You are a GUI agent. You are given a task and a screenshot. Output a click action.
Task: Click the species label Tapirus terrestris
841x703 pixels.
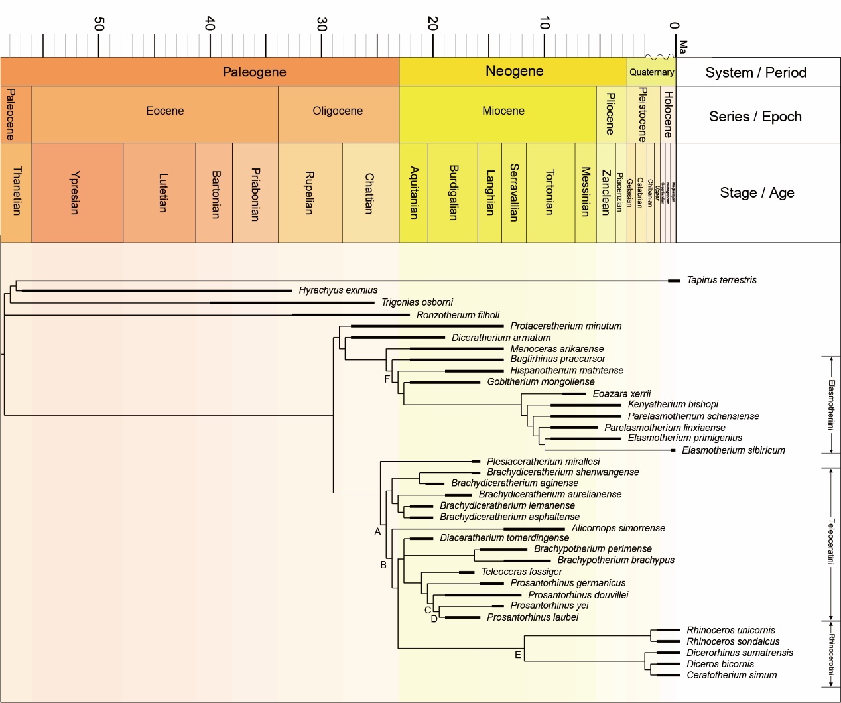point(721,280)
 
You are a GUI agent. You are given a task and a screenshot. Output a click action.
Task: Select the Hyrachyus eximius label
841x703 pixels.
point(338,290)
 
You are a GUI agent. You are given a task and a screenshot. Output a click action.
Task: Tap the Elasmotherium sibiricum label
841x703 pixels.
point(733,450)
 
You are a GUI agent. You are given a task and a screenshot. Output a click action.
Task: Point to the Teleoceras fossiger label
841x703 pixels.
point(521,572)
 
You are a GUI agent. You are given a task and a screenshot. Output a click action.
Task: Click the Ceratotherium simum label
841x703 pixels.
point(731,675)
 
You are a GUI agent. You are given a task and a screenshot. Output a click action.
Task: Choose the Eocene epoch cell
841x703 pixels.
point(164,111)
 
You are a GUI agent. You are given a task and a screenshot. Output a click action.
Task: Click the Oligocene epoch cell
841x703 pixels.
point(338,111)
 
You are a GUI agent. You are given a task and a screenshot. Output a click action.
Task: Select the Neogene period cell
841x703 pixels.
point(514,71)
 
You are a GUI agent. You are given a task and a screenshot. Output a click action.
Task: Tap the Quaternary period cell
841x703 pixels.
point(651,72)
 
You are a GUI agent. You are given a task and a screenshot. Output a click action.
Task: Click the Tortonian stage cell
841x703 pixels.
point(549,193)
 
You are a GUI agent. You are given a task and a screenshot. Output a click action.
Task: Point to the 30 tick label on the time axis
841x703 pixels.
point(322,24)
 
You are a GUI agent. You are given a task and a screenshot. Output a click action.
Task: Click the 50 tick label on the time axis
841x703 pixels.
point(99,24)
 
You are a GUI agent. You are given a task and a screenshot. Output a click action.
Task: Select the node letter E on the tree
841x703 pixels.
point(518,655)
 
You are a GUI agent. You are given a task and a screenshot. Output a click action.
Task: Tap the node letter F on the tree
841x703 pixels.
point(387,379)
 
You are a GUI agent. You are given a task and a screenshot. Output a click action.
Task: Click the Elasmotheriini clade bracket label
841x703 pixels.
point(831,405)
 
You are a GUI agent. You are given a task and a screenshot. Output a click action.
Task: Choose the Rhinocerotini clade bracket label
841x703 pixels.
point(831,654)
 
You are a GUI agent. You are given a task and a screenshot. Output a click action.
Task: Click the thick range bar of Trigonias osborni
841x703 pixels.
point(292,303)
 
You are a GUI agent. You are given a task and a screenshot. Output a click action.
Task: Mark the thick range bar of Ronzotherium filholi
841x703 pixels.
point(351,315)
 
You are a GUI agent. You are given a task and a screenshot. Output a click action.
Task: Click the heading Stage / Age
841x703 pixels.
point(756,193)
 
